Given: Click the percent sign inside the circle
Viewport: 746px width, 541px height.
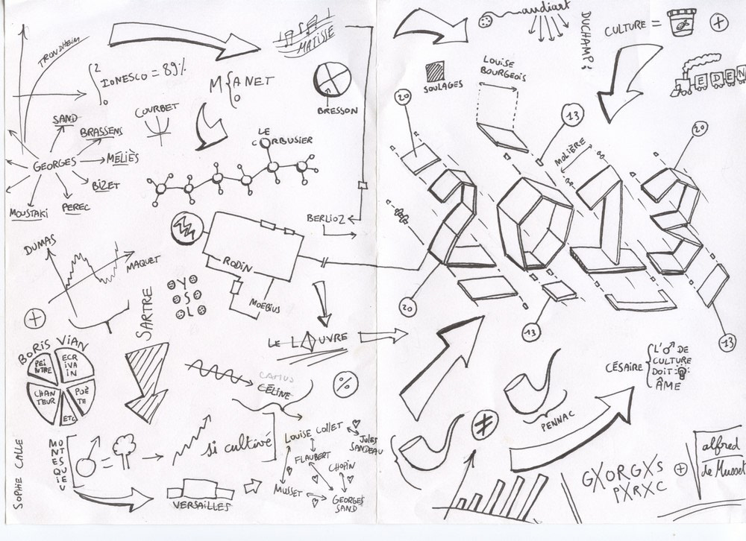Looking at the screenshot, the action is click(345, 385).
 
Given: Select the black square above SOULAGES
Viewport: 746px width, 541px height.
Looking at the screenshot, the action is click(435, 72).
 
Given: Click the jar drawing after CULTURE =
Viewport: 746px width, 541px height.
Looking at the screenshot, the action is click(681, 22).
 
